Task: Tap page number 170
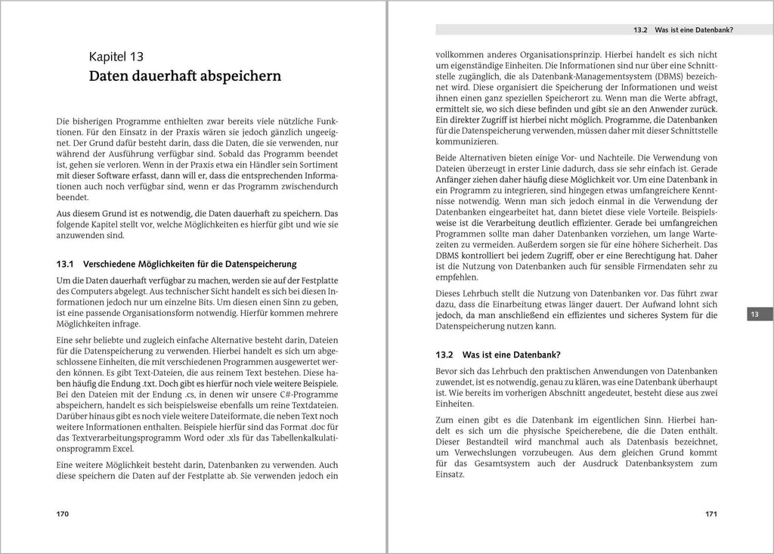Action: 63,514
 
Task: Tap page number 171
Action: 711,514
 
